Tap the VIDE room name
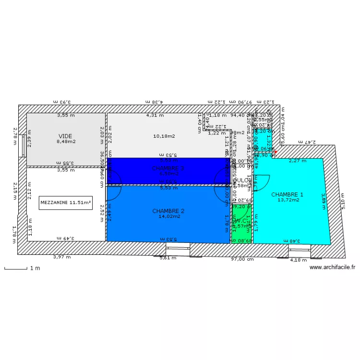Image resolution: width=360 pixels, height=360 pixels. (x=66, y=136)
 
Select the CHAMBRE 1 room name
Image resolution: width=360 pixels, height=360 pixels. (x=287, y=194)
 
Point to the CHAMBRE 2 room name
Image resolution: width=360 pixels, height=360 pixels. (x=168, y=211)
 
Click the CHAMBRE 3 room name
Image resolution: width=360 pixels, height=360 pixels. (x=168, y=168)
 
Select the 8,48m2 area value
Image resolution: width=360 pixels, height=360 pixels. (x=66, y=142)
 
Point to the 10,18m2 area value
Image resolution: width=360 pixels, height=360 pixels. (x=164, y=136)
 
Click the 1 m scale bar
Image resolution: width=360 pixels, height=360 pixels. (x=16, y=268)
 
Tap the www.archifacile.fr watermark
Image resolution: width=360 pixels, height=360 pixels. (x=333, y=267)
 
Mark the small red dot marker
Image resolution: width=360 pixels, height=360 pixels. (x=276, y=152)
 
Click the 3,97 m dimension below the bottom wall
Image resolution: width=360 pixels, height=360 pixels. (x=61, y=257)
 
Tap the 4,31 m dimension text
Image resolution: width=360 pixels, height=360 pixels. (x=155, y=115)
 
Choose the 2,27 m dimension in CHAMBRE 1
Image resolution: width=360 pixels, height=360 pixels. (x=298, y=161)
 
